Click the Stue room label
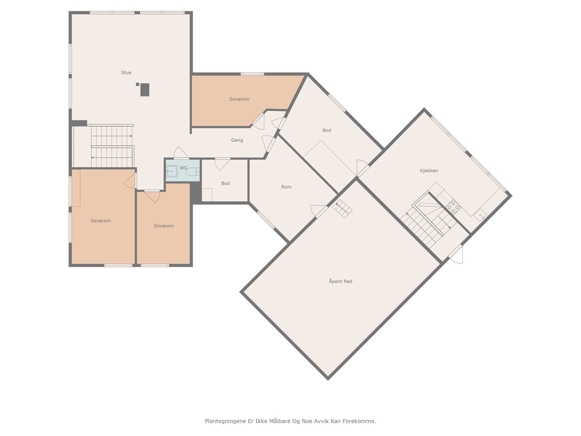point(126,73)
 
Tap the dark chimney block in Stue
point(145,89)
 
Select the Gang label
point(237,140)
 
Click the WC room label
point(183,168)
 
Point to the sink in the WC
point(171,171)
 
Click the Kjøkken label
point(429,171)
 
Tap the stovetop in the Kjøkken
point(453,207)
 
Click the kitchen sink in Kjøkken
point(480,215)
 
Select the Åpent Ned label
point(340,281)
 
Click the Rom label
point(286,187)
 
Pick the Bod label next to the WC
point(226,183)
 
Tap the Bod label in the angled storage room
point(326,130)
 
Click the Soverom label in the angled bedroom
point(239,99)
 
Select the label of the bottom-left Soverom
point(101,221)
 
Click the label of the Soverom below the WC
point(164,226)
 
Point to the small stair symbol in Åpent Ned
point(342,208)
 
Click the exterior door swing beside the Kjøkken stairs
point(457,254)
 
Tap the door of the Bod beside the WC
point(222,164)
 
